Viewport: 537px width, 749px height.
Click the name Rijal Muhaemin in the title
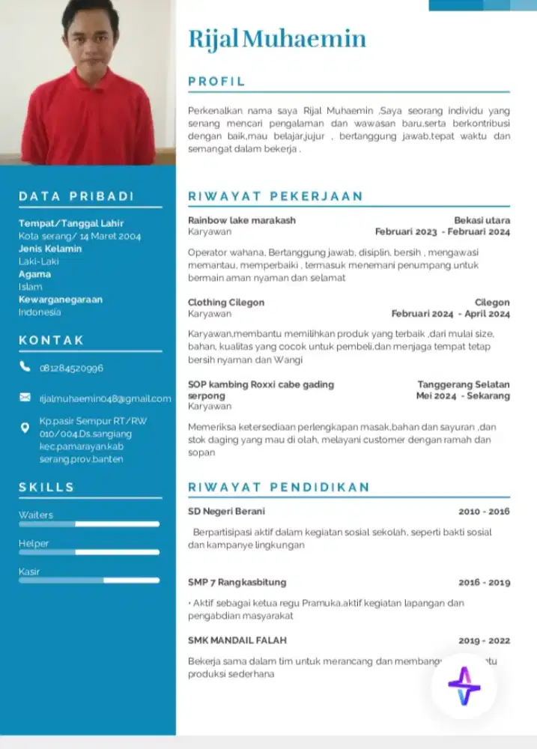point(277,39)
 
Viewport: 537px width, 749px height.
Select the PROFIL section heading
point(216,82)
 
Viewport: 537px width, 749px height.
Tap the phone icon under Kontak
point(25,367)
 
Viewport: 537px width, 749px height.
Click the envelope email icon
point(25,398)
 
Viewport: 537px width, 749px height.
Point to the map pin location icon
point(25,428)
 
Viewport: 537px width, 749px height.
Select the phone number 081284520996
point(71,369)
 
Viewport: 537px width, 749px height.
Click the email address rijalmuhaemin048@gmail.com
point(105,398)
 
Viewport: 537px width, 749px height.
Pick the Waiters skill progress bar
point(89,524)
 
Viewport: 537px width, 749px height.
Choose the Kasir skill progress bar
point(89,580)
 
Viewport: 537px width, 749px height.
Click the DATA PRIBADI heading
point(76,196)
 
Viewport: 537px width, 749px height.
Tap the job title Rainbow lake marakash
point(242,220)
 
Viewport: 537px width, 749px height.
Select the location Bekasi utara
point(482,220)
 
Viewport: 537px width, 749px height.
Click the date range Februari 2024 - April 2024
point(450,314)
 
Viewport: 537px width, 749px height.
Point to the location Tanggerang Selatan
point(464,384)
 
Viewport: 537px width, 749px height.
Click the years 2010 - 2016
point(484,512)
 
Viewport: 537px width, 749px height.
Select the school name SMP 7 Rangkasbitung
point(237,582)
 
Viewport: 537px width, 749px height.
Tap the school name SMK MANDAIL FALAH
point(237,640)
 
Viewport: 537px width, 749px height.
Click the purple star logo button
point(464,685)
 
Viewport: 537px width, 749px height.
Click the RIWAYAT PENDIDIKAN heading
point(279,487)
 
